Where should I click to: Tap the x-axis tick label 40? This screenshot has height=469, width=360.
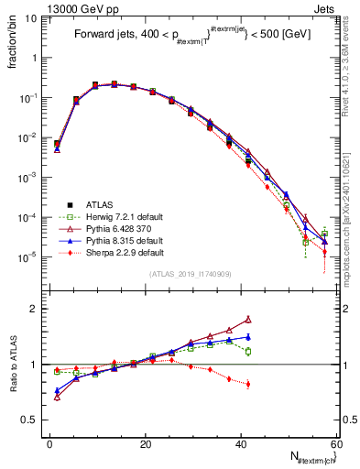[242, 442]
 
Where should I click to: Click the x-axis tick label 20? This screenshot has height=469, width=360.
[146, 442]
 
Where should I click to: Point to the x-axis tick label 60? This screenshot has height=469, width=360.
[337, 442]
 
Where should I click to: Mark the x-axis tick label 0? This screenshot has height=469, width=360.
[50, 442]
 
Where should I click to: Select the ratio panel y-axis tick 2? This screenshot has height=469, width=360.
[35, 309]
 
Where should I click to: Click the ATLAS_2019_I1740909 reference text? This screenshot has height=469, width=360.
[190, 275]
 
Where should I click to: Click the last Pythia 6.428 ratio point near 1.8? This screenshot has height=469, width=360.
[248, 320]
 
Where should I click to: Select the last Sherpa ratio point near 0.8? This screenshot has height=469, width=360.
[248, 384]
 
